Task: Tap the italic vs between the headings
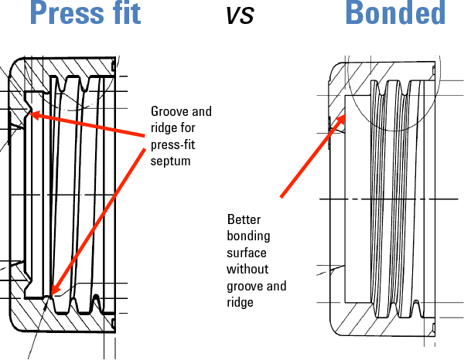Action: click(240, 15)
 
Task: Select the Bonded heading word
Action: click(395, 13)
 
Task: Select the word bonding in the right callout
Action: click(248, 236)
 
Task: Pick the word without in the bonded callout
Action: click(247, 270)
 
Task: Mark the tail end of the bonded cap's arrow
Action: click(281, 197)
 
